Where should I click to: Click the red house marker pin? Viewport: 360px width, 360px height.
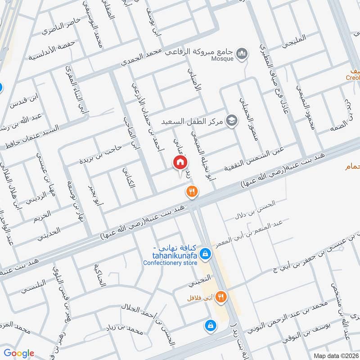pos(180,163)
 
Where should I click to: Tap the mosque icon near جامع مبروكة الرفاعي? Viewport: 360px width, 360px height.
pos(243,53)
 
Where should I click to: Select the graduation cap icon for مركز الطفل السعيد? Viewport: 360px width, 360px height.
pos(232,121)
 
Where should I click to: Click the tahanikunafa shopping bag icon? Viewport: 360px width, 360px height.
pos(205,254)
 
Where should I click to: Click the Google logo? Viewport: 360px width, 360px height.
pos(19,353)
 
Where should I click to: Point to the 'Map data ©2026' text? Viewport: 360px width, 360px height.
pos(335,355)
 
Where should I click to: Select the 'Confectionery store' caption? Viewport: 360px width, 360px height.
pos(171,263)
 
